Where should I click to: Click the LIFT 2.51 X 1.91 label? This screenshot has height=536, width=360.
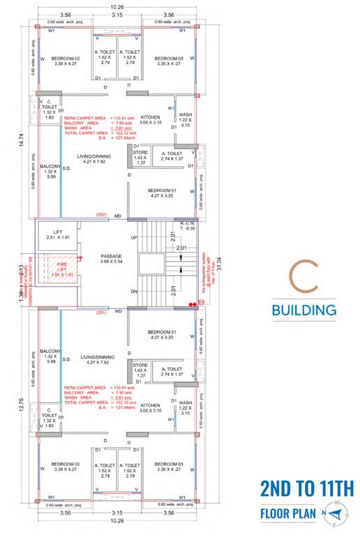click(x=53, y=234)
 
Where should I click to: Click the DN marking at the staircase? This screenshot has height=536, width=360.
click(x=134, y=291)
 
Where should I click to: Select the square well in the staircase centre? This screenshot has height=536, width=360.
click(x=149, y=263)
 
